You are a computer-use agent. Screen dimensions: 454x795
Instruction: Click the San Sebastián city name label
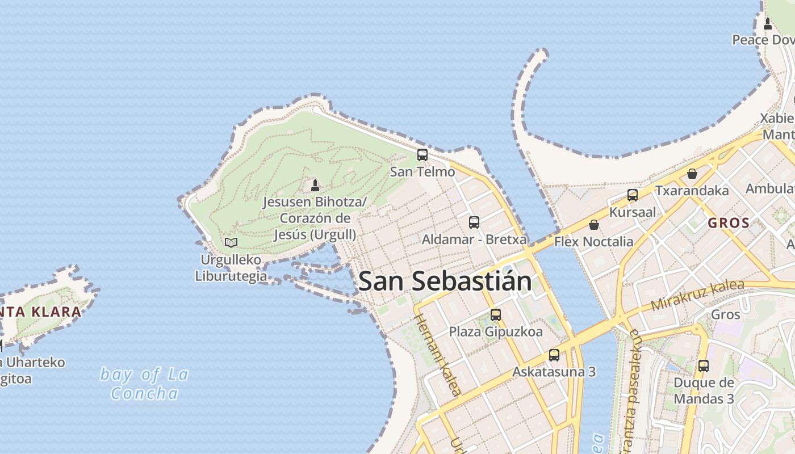tap(445, 281)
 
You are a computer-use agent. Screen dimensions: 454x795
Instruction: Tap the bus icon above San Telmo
tap(422, 154)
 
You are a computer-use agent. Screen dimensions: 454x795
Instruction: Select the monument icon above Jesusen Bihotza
tap(315, 185)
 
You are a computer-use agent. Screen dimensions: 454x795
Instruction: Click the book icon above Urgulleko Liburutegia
tap(231, 243)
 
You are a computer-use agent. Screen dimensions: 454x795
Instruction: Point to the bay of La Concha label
tap(144, 384)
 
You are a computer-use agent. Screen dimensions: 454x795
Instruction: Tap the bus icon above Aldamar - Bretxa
tap(474, 222)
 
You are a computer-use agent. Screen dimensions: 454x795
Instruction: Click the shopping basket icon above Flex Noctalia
tap(594, 225)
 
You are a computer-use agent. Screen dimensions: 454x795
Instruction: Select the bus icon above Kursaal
tap(632, 195)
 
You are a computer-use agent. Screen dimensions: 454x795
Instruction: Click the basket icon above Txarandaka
tap(692, 173)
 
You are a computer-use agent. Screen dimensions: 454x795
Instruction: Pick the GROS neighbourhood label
tap(729, 223)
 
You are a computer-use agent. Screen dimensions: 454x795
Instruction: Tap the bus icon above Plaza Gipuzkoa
tap(496, 314)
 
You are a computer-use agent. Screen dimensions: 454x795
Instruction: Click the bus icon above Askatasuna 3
tap(554, 355)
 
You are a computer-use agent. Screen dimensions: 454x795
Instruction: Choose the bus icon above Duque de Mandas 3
tap(703, 365)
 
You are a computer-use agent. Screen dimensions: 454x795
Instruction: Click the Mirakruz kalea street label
tap(697, 296)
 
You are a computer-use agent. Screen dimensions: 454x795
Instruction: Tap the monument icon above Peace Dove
tap(768, 23)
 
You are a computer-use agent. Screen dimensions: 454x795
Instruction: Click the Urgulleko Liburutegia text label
tap(231, 268)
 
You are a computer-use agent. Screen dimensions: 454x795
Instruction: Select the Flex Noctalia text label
tap(593, 242)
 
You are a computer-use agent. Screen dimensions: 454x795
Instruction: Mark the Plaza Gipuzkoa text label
tap(496, 331)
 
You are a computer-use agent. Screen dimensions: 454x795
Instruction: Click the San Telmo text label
tap(422, 171)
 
